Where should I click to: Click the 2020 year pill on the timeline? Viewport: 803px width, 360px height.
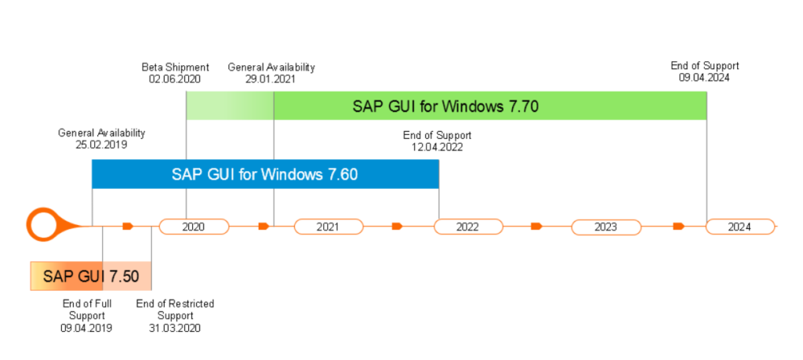point(194,227)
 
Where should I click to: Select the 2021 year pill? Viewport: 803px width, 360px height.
point(329,227)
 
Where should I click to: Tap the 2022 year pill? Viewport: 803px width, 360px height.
point(468,227)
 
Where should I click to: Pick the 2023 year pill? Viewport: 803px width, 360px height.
point(605,227)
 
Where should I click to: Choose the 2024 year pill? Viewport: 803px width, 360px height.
point(739,227)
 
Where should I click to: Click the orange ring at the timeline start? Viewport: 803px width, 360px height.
point(44,226)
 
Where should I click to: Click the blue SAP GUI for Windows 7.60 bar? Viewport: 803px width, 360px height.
point(265,174)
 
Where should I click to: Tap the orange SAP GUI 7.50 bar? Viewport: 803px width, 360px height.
point(90,275)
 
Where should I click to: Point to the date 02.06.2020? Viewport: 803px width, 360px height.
point(175,78)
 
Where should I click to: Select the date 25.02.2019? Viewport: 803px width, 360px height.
point(101,144)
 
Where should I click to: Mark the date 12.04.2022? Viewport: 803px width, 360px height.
point(438,147)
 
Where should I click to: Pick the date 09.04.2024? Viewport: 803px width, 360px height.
point(705,77)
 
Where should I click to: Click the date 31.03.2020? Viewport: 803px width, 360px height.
point(175,328)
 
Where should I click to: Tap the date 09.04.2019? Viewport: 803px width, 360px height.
point(86,328)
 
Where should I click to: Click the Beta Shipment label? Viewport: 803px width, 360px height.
point(175,67)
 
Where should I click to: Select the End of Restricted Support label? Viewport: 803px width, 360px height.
point(175,309)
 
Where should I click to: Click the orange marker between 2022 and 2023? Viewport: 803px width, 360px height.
point(536,227)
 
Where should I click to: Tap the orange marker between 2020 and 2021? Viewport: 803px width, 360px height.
point(264,227)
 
